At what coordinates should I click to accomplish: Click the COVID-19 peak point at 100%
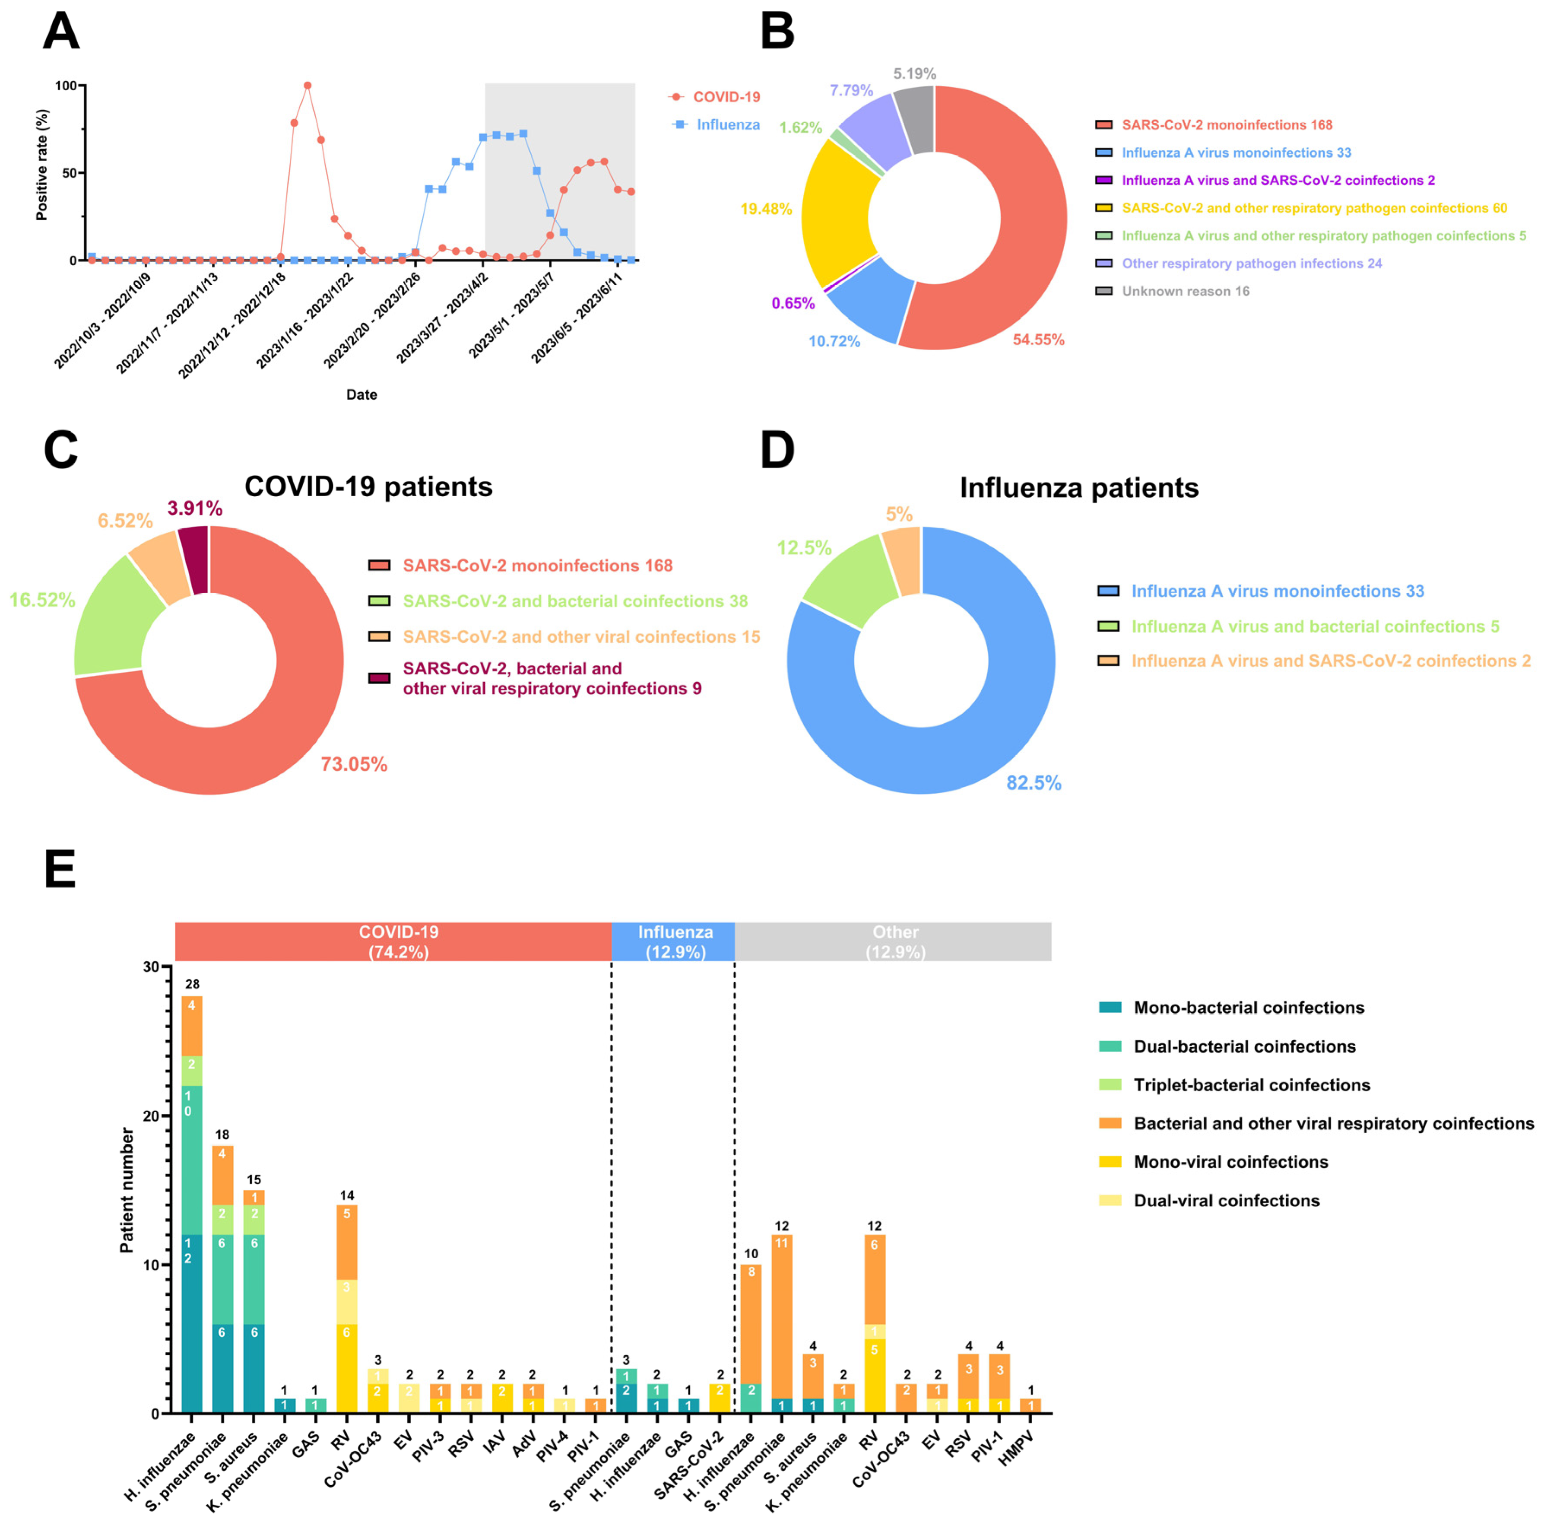(308, 86)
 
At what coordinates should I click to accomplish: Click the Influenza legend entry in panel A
(727, 125)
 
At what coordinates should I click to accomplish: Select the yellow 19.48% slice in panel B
(839, 212)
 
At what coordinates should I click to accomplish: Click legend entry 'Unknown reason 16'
(1185, 291)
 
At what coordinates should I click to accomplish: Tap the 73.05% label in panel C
(354, 764)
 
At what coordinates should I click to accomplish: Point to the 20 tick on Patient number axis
(150, 1116)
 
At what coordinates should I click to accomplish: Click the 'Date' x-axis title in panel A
(361, 394)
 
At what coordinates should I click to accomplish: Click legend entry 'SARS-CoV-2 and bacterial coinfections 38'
(574, 601)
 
